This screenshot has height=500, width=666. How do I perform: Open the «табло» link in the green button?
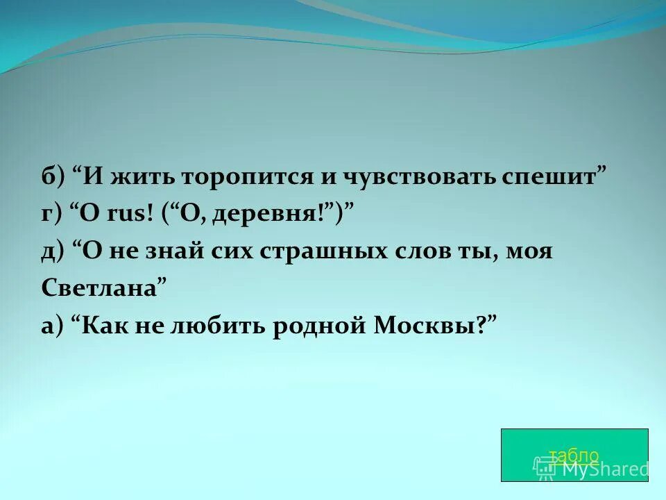[574, 456]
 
